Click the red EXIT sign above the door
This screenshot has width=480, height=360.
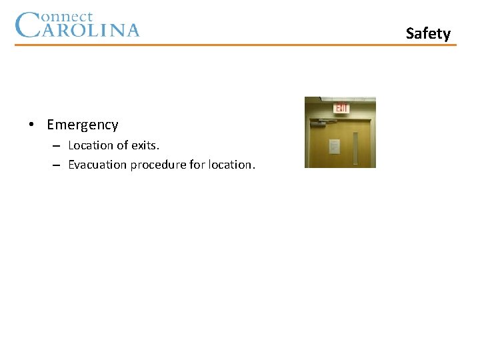point(341,108)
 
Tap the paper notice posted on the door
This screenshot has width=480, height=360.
point(334,146)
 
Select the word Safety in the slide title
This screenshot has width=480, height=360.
point(428,33)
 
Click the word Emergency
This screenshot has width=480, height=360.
point(83,125)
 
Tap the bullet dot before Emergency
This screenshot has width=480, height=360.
point(31,125)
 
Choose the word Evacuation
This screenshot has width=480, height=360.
point(97,165)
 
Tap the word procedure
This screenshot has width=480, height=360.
point(158,165)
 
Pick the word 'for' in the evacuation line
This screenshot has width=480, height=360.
point(197,165)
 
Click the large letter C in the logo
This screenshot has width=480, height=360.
point(27,25)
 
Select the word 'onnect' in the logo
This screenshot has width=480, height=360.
point(67,17)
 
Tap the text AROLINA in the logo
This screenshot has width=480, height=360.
point(91,30)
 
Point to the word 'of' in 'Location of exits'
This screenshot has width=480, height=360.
point(123,145)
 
